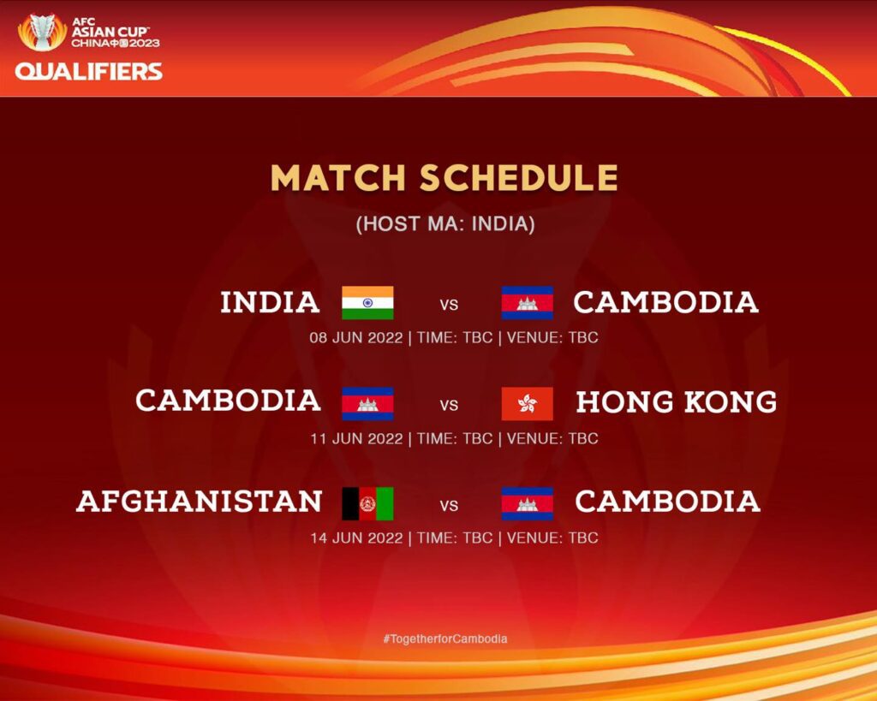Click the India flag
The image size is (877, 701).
click(367, 302)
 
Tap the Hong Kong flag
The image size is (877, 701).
click(528, 404)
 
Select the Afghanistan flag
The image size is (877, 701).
click(367, 503)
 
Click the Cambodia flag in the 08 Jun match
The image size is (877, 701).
click(528, 302)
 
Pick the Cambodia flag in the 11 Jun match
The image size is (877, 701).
click(367, 404)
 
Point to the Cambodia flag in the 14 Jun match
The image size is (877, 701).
click(528, 503)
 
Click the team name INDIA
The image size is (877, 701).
click(270, 302)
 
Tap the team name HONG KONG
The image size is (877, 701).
click(677, 402)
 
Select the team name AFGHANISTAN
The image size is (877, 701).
click(199, 501)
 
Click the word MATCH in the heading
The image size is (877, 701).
click(337, 178)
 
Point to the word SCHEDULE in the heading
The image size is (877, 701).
click(519, 178)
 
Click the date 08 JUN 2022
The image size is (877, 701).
click(356, 337)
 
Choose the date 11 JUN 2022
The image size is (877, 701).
click(357, 438)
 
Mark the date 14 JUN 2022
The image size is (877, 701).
click(357, 538)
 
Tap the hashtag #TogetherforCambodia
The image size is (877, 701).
click(445, 639)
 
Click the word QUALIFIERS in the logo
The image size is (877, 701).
click(89, 72)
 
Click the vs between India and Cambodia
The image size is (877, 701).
click(449, 305)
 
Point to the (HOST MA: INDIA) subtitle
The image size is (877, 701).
click(445, 223)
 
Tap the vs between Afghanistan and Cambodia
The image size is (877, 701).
click(449, 506)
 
